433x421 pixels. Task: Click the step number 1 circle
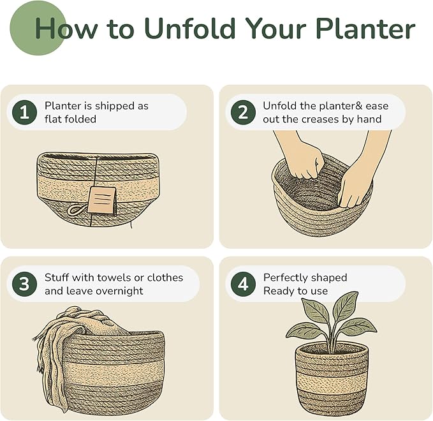(x=24, y=113)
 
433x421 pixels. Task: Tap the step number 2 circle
(x=243, y=113)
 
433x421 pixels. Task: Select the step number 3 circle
(x=24, y=284)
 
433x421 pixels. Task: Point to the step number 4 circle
(x=243, y=284)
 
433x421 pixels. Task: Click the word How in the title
(x=61, y=29)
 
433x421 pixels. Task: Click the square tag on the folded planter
(x=102, y=200)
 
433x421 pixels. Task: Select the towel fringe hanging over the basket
(x=40, y=351)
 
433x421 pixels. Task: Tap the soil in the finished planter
(x=328, y=350)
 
